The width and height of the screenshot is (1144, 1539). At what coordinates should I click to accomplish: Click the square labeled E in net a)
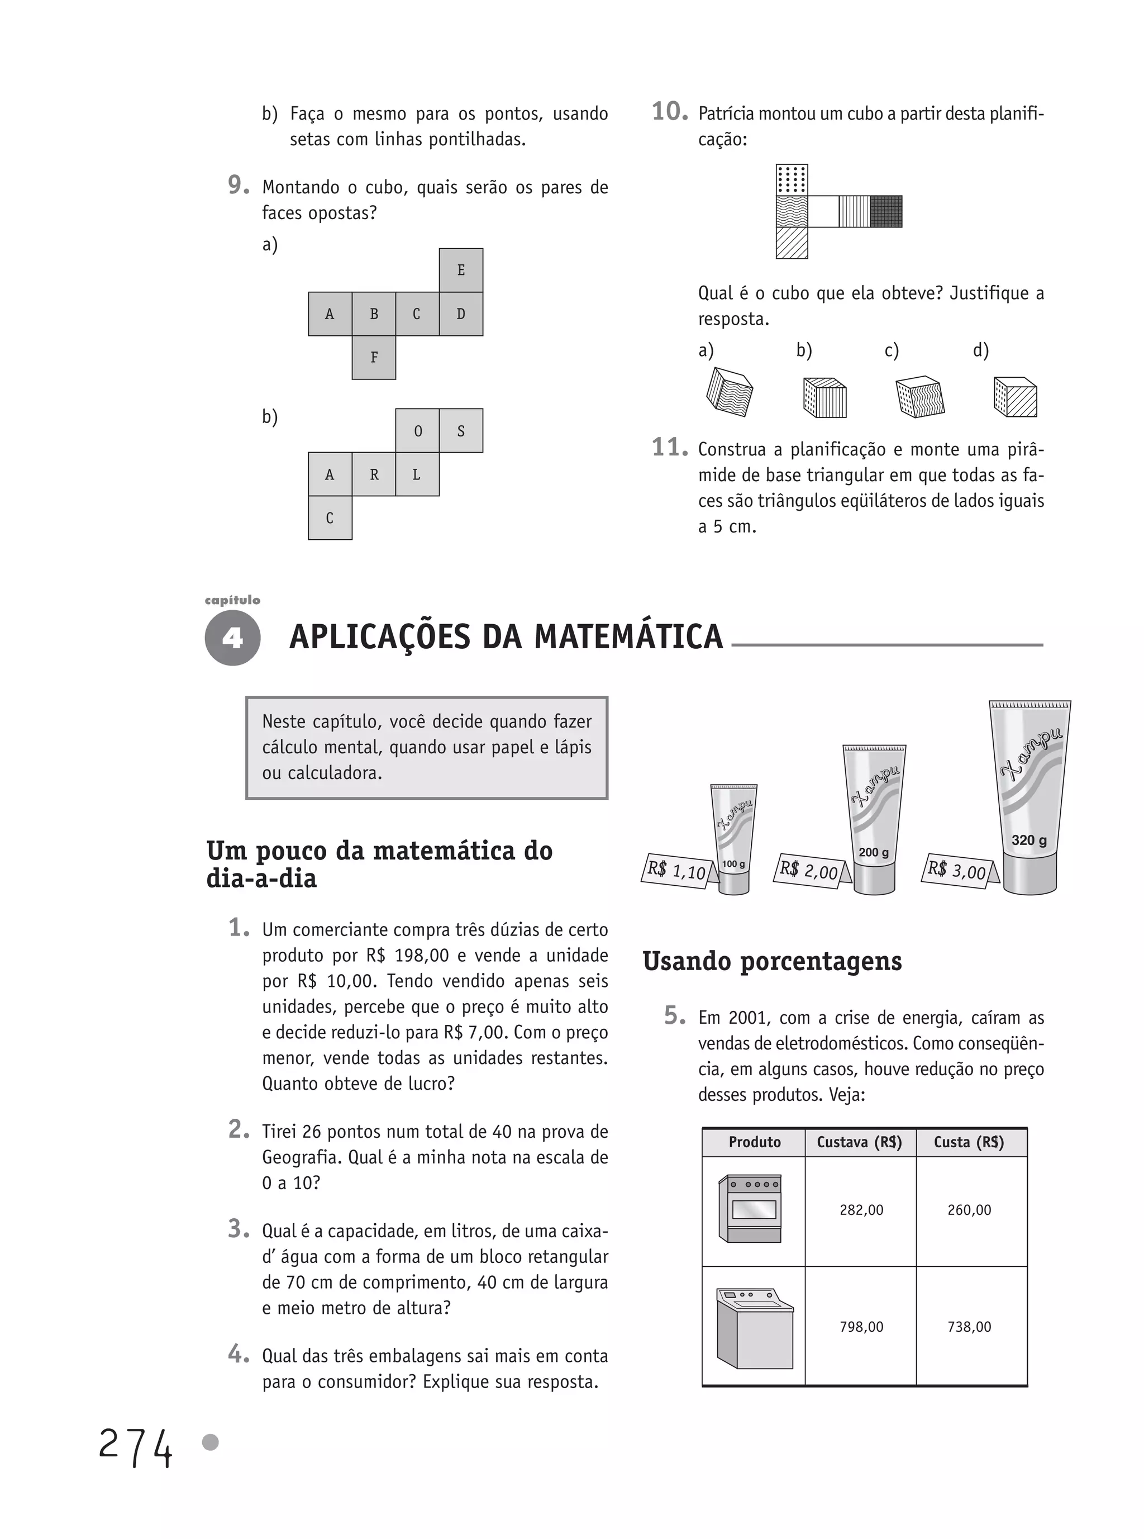(460, 270)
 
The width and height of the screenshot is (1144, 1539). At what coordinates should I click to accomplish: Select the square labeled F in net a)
(374, 358)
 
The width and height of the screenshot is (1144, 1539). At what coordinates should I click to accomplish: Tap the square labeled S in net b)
(460, 431)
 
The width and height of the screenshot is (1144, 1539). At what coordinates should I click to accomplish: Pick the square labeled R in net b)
(374, 474)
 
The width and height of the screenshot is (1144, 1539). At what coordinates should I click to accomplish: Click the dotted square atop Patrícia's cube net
(792, 179)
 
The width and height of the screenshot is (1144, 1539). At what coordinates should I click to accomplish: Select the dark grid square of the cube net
(886, 211)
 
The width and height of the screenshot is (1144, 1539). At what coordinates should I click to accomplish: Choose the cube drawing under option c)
(919, 397)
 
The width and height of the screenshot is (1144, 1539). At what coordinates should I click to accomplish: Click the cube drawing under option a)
(729, 391)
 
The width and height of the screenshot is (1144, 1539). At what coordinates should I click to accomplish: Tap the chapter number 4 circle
(233, 637)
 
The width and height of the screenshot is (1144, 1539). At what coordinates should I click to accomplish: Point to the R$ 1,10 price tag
(676, 871)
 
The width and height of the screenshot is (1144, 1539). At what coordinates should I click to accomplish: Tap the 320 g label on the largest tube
(1029, 840)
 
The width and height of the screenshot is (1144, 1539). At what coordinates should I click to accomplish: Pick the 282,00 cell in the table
(861, 1210)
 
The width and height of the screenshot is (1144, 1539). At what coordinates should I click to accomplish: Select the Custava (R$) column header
(859, 1142)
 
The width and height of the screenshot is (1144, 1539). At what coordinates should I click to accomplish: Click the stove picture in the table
(751, 1209)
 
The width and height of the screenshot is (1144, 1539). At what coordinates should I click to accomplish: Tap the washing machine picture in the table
(754, 1327)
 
